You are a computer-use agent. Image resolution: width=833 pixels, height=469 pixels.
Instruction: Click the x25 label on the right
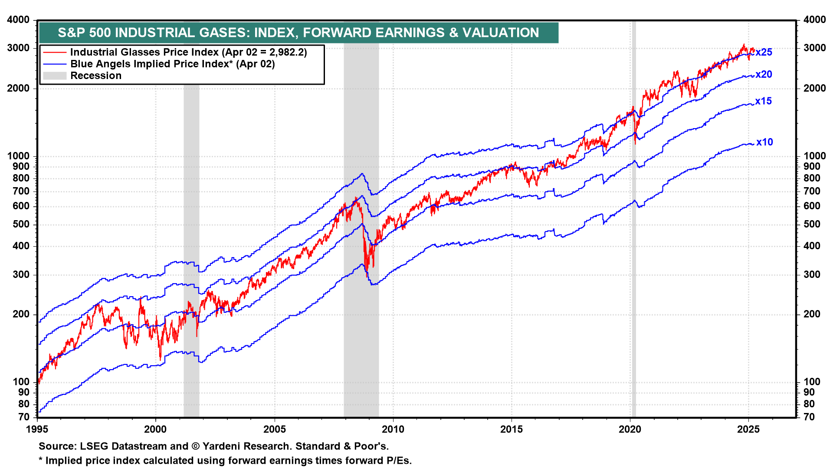click(764, 53)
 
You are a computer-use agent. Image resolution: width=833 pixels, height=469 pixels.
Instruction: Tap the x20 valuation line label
click(764, 75)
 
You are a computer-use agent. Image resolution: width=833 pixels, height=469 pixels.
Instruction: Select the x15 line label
click(764, 101)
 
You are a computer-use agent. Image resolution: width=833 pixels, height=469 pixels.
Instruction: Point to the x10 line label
click(764, 142)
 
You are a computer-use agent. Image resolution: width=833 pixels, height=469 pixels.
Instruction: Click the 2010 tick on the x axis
click(393, 429)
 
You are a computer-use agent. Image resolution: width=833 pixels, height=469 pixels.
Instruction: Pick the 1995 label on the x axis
click(37, 429)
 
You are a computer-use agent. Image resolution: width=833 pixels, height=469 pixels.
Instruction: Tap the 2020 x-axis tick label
click(630, 429)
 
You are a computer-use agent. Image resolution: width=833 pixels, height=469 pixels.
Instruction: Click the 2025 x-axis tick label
click(748, 429)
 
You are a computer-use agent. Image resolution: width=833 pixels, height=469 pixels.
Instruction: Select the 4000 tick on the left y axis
click(19, 20)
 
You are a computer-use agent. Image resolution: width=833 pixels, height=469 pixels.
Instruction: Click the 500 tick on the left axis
click(21, 225)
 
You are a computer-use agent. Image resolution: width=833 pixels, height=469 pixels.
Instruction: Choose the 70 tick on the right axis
click(809, 417)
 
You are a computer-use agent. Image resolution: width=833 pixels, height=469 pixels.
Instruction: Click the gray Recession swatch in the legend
click(55, 76)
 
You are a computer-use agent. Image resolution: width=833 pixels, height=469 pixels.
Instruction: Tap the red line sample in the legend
click(55, 53)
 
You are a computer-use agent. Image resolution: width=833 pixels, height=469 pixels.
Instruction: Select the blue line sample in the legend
click(55, 64)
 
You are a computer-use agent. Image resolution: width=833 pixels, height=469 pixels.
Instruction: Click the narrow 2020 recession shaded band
click(634, 217)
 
